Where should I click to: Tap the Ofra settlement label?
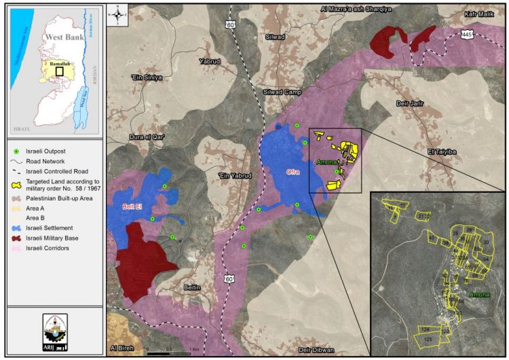pos(293,153)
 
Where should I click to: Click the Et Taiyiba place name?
pos(441,151)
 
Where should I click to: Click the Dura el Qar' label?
pos(147,137)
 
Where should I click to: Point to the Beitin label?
pos(193,288)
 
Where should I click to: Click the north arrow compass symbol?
pos(118,12)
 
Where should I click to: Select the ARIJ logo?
pos(54,331)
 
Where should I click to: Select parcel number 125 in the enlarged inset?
pos(428,338)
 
